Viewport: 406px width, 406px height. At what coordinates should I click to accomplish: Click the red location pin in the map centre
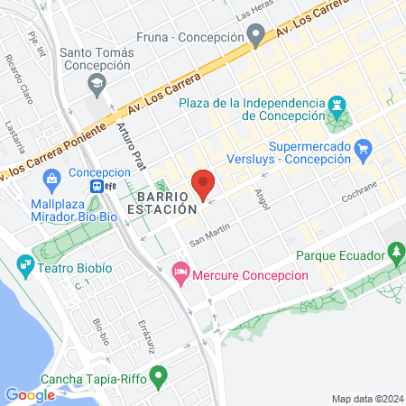point(203,183)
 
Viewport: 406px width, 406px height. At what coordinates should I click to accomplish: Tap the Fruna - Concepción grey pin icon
point(255,37)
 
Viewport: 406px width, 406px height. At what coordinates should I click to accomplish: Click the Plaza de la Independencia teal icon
point(338,105)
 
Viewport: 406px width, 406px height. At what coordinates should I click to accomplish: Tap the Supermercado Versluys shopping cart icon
point(364,149)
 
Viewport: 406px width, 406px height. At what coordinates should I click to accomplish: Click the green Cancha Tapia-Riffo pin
point(160,374)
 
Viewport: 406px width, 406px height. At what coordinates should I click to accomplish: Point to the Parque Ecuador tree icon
point(394,251)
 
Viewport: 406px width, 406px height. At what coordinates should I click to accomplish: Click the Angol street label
point(263,198)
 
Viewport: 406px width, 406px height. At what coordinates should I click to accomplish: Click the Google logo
point(30,394)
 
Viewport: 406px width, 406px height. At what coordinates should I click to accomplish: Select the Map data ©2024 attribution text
point(366,399)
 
